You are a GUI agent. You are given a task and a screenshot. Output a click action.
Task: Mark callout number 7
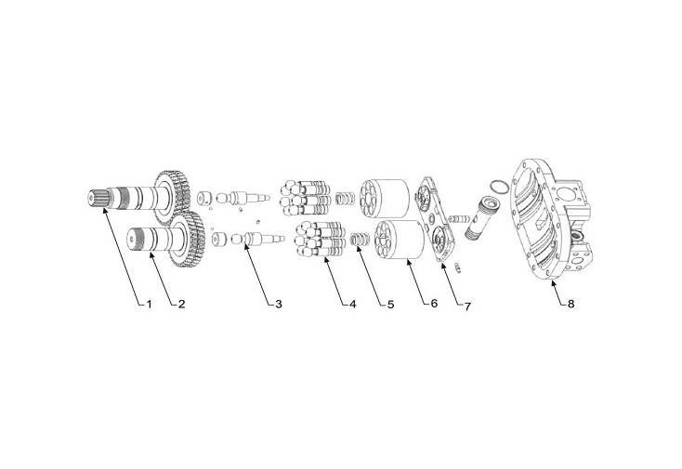coord(467,304)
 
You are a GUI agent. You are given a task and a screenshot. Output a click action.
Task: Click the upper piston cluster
coord(304,192)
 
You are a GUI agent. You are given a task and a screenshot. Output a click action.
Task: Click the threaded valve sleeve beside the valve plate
coord(482,217)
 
